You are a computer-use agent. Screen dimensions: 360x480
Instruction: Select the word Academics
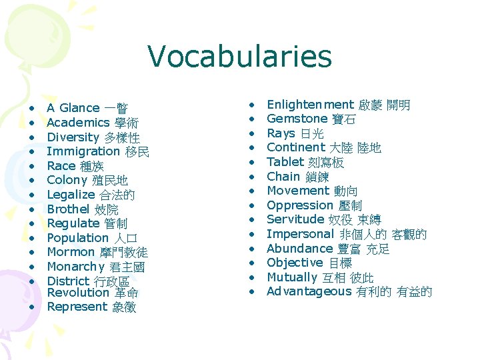(78, 123)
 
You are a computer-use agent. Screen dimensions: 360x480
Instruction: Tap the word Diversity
(73, 137)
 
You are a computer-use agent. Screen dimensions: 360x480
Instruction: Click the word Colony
(67, 180)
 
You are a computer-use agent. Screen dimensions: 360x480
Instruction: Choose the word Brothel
(69, 209)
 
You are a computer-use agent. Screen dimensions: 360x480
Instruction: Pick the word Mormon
(71, 252)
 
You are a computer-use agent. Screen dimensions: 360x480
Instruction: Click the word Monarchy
(76, 267)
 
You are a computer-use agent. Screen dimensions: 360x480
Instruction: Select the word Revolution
(78, 293)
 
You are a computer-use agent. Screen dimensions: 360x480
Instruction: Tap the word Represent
(77, 307)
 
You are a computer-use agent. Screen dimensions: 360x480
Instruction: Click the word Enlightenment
(310, 105)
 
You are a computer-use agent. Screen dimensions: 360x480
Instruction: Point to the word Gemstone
(297, 119)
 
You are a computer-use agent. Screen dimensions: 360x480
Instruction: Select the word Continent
(295, 147)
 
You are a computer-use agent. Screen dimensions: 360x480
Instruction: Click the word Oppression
(299, 205)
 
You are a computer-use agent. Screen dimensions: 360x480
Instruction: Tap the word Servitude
(295, 219)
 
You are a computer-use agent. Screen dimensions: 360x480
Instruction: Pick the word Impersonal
(300, 234)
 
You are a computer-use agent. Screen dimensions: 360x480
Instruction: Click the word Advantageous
(309, 291)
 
